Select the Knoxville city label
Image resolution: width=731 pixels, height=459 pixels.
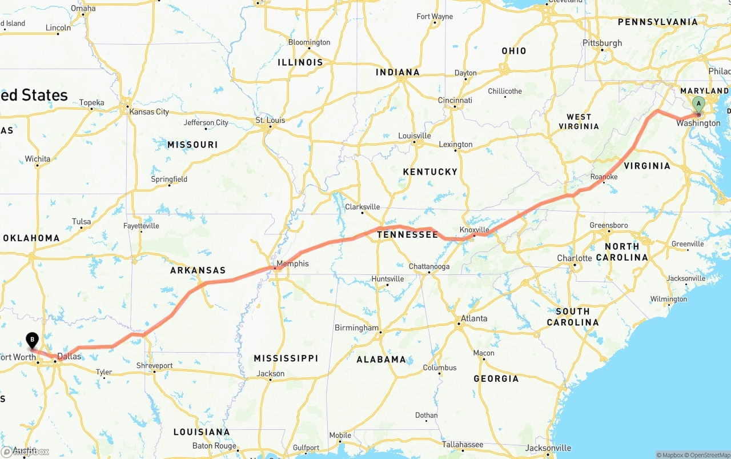[475, 230]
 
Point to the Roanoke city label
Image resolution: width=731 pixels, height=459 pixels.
[604, 177]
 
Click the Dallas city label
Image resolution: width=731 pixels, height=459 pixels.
[69, 356]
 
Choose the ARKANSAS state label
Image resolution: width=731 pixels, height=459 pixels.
[198, 270]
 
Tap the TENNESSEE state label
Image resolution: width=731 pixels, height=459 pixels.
[407, 235]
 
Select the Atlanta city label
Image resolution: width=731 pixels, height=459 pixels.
[474, 318]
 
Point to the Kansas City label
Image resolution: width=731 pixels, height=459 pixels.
[149, 111]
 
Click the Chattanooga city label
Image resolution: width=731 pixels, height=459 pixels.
[429, 266]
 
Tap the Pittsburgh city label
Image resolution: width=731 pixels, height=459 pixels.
[602, 43]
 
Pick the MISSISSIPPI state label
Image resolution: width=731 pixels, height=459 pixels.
[286, 358]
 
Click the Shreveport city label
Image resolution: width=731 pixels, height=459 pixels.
[154, 365]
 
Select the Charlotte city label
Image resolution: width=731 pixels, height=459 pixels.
[575, 258]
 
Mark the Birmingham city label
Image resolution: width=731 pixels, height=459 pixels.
[356, 328]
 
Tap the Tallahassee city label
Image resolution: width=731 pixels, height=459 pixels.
[463, 444]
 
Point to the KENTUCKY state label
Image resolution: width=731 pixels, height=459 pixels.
[430, 172]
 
